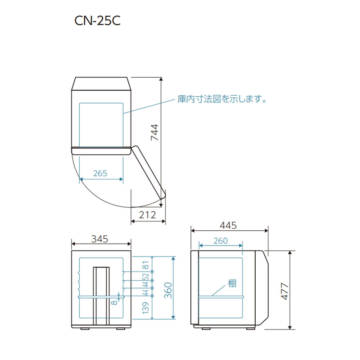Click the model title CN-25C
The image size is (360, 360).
click(x=97, y=21)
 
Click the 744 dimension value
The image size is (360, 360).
click(x=155, y=133)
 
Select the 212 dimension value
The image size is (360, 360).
click(x=148, y=215)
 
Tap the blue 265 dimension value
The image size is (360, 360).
click(x=100, y=173)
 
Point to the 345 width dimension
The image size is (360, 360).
click(x=100, y=239)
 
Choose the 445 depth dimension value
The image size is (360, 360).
click(x=228, y=225)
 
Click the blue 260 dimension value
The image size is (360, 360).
click(x=220, y=241)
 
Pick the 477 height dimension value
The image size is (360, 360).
click(x=285, y=291)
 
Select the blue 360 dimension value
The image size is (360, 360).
click(x=168, y=290)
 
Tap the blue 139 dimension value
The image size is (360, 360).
click(x=146, y=308)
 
